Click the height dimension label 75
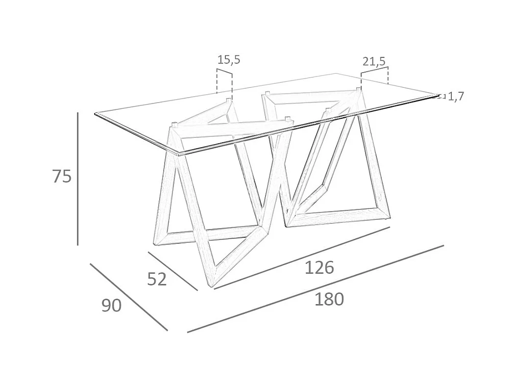62,176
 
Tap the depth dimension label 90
111,306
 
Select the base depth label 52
157,279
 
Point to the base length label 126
319,268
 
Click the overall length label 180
329,299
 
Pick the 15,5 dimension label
229,60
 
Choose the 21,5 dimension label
374,61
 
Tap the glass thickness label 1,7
456,97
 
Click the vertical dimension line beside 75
77,179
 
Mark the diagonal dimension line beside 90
128,297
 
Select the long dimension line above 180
316,289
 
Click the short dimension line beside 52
172,271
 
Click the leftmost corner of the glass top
95,114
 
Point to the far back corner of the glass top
336,74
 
